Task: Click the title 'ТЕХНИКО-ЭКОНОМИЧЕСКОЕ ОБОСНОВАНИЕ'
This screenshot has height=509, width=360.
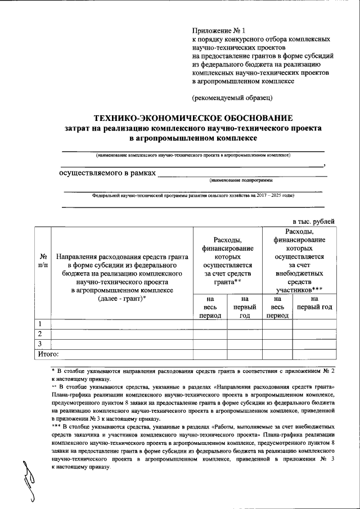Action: tap(193, 119)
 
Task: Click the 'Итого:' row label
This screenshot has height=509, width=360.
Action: tap(48, 354)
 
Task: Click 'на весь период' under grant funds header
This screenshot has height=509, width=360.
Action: tap(210, 307)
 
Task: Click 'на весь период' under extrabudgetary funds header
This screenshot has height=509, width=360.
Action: tap(277, 307)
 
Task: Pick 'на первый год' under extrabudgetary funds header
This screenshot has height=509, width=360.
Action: tap(314, 304)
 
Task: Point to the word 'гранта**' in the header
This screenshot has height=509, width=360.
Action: tap(227, 281)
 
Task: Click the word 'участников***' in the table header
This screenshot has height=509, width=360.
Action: tap(303, 289)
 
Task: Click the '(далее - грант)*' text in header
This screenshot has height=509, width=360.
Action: tap(121, 299)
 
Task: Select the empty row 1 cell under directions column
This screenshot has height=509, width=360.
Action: tap(121, 323)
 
